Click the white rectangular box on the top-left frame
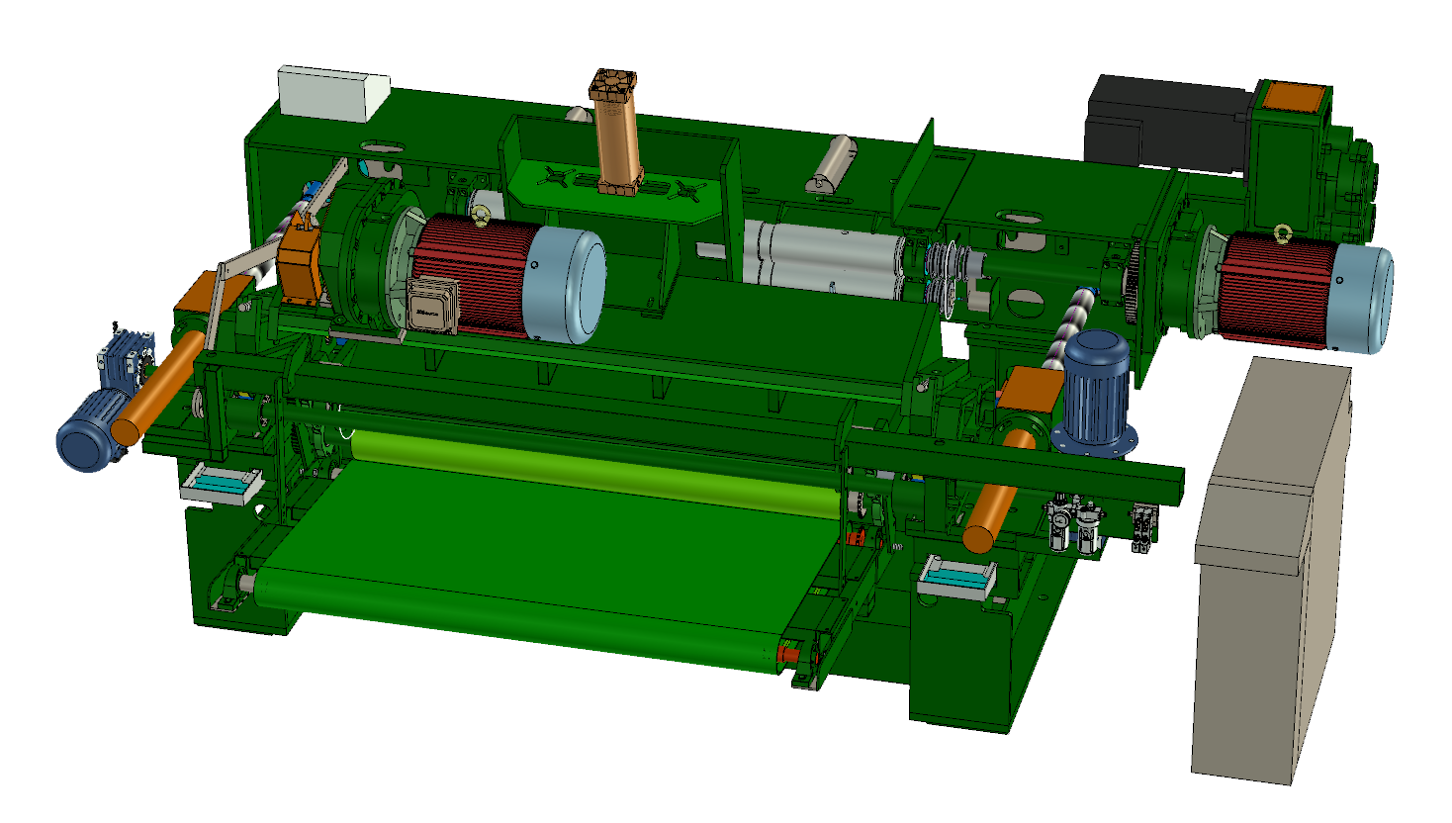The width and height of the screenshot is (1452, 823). pos(333,93)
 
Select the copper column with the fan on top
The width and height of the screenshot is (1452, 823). pos(616,138)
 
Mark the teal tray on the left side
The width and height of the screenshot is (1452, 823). pos(220,485)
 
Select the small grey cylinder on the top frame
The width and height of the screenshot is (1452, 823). pos(833,164)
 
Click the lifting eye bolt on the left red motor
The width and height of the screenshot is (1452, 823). pos(482,215)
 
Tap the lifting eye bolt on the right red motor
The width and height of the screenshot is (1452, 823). pos(1283,233)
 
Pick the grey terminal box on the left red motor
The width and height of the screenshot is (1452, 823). pos(432,306)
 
